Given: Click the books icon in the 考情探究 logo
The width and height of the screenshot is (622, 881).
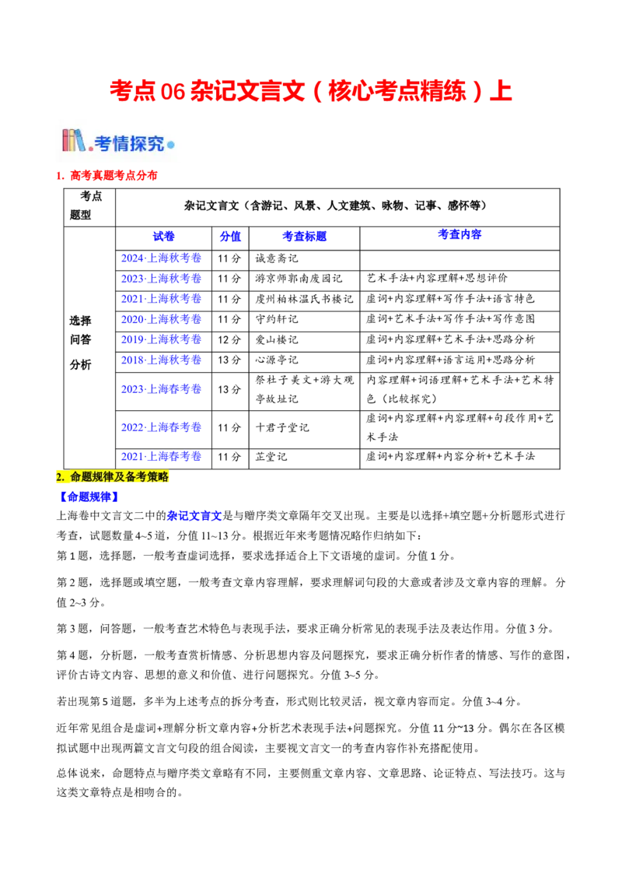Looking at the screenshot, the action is click(x=75, y=141).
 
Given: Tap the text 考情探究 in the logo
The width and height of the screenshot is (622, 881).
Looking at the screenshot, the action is click(x=130, y=144).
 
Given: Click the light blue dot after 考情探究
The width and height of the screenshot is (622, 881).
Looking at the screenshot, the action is click(x=171, y=145).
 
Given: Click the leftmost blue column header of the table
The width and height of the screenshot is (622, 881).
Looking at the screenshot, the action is click(x=164, y=237).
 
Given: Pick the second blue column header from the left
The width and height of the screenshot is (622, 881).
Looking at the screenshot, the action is click(x=230, y=237).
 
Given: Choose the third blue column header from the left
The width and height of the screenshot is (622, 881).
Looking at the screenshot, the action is click(x=305, y=237).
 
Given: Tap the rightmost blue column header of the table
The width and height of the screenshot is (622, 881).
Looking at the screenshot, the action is click(x=460, y=234).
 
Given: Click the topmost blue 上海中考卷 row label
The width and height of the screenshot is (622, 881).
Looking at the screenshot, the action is click(x=162, y=258).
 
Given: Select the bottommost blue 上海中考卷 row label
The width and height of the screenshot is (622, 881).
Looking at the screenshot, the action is click(x=162, y=456).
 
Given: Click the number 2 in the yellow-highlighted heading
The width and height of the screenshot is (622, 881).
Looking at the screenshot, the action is click(x=60, y=476).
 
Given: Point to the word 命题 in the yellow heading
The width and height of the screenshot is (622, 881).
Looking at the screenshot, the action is click(x=81, y=476).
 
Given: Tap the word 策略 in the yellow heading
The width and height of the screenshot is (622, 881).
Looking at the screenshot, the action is click(x=158, y=476).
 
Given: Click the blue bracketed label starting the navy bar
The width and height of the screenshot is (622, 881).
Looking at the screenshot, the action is click(x=89, y=497).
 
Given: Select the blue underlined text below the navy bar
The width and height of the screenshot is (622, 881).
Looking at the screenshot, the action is click(x=195, y=515).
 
